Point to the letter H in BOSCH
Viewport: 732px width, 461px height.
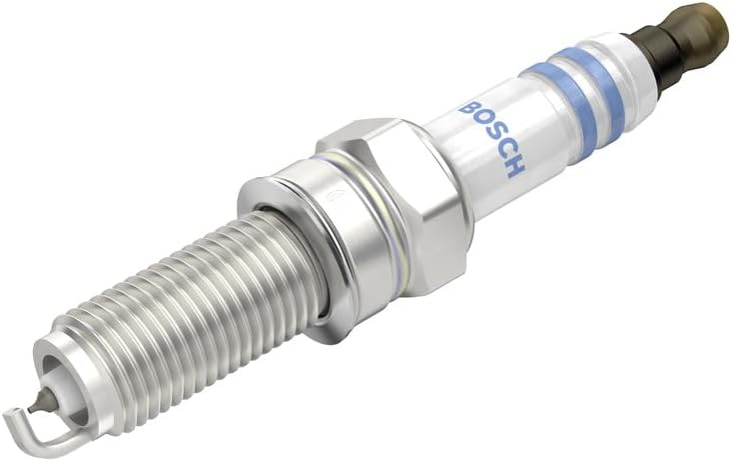click(513, 167)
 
